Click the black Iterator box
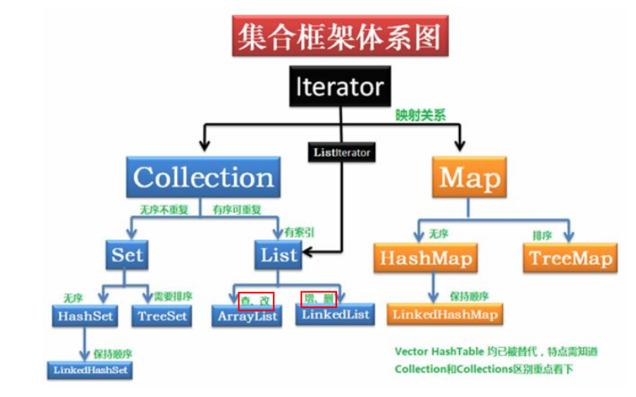tap(340, 87)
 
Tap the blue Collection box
tap(203, 177)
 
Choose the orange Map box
tap(470, 177)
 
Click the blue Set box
tap(127, 255)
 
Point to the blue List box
tap(279, 255)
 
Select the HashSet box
tap(87, 316)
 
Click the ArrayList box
tap(247, 317)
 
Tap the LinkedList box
tap(336, 314)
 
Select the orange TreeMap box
tap(570, 258)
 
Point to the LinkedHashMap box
tap(445, 314)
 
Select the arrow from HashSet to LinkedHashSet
tap(85, 343)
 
